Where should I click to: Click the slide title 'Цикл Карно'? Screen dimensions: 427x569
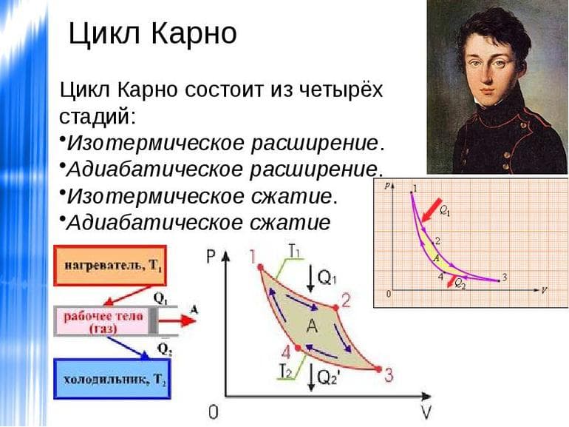pos(152,33)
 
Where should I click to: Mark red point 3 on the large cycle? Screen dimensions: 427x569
pos(379,368)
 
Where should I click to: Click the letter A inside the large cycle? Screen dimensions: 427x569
pos(312,326)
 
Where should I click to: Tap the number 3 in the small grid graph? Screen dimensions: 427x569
pos(504,278)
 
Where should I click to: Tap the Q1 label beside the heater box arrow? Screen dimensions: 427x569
pos(159,297)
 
